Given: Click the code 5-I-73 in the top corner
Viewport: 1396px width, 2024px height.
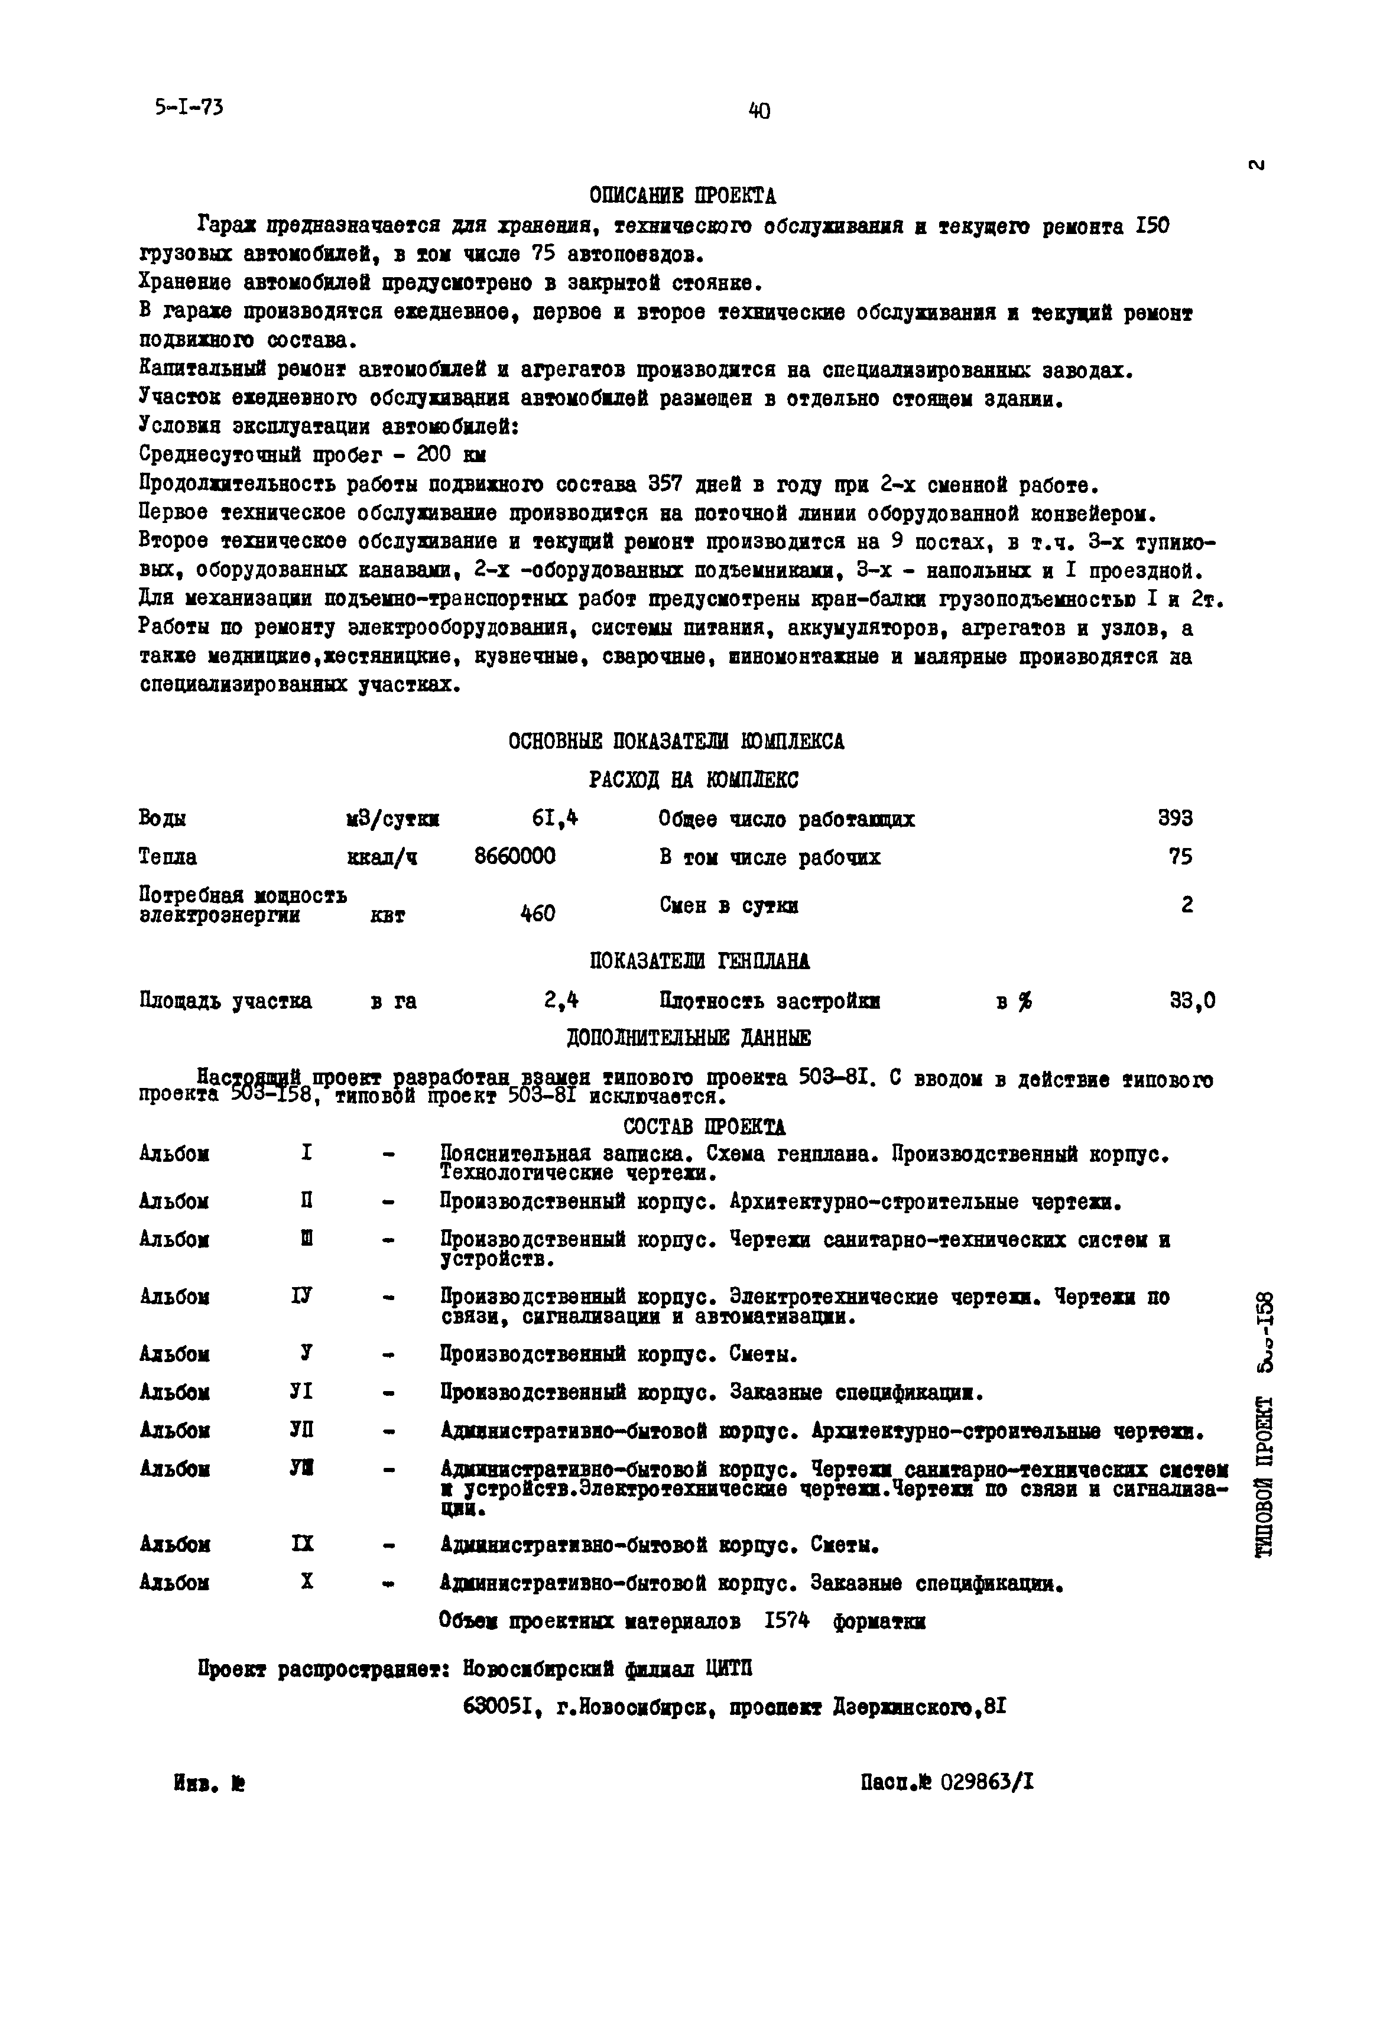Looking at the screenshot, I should (x=188, y=108).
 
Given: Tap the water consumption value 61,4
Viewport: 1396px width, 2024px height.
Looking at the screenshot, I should (x=554, y=818).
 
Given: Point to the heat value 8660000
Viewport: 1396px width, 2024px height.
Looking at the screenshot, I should (x=514, y=856).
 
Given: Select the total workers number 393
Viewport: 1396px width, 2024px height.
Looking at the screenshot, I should (x=1175, y=818).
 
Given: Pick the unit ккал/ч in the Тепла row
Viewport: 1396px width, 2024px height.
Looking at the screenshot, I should (x=382, y=858).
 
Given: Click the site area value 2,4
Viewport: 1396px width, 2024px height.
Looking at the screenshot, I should (x=561, y=1000).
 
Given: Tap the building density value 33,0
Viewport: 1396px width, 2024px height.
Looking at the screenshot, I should (x=1192, y=1000).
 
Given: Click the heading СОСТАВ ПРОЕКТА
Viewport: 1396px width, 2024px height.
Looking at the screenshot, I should (x=704, y=1126).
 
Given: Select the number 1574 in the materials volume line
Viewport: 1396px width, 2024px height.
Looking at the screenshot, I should (x=786, y=1621).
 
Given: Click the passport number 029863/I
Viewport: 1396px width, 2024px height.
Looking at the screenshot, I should (x=986, y=1782).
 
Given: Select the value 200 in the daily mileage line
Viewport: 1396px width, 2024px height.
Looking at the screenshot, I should (x=433, y=456).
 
